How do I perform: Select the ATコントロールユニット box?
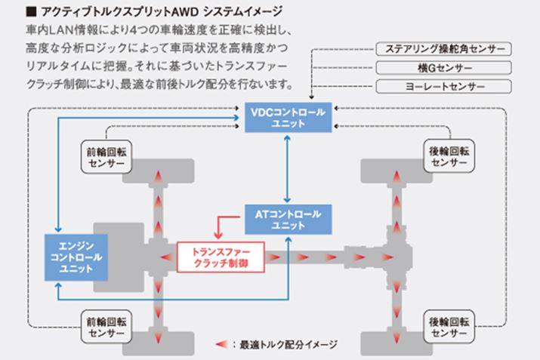coord(287,220)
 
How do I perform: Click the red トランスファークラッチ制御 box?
coord(221,257)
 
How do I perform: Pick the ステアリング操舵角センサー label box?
coord(440,50)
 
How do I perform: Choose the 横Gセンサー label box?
coord(440,68)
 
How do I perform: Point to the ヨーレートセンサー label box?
coord(440,86)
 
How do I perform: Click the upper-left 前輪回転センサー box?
coord(106,157)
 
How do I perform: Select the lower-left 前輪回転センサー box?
coord(106,325)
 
